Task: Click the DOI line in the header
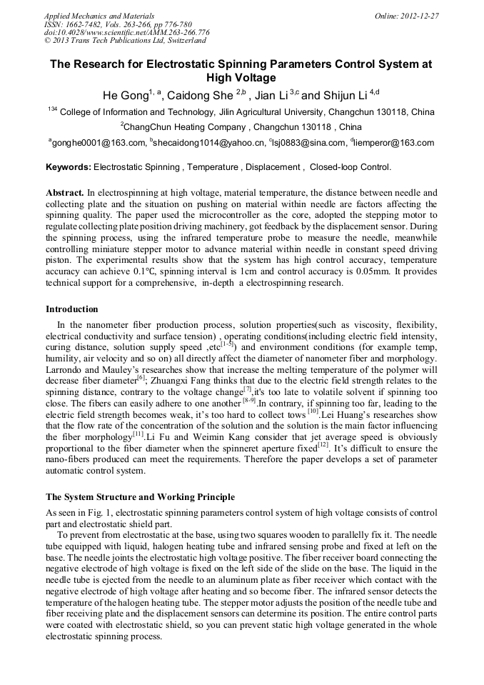[x=126, y=32]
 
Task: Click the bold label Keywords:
[x=69, y=167]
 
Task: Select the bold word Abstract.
[x=65, y=193]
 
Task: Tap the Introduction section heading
[x=72, y=309]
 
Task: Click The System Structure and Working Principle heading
[x=140, y=496]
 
